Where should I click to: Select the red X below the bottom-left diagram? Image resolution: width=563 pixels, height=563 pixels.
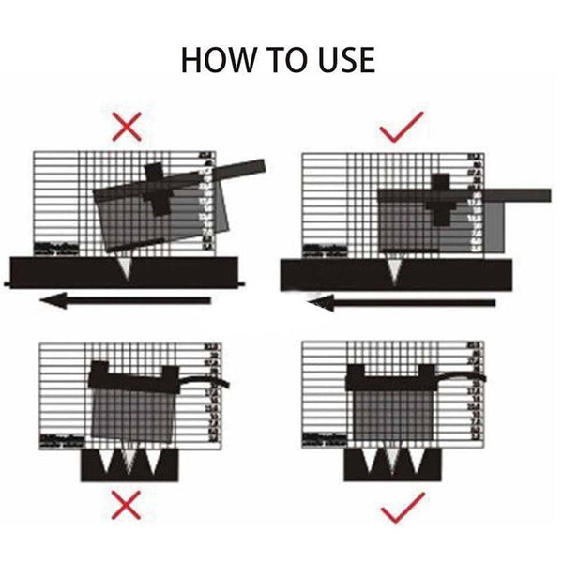tap(127, 507)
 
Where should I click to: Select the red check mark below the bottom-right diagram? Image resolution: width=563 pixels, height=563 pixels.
tap(402, 510)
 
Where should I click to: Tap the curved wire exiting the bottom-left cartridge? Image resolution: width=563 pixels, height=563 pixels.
tap(211, 381)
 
